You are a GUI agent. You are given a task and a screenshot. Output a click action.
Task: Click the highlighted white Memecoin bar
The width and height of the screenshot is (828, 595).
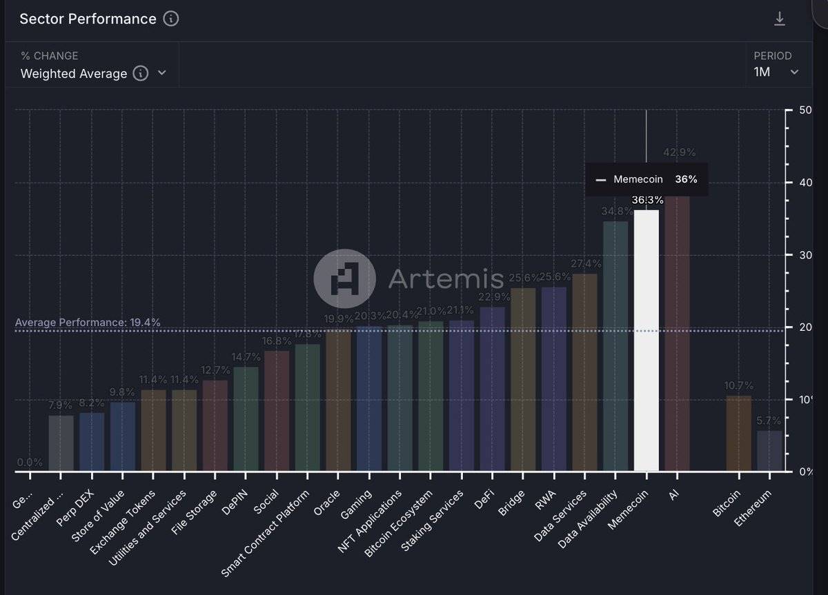point(647,341)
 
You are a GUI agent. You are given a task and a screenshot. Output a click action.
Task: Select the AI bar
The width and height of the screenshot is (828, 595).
point(677,334)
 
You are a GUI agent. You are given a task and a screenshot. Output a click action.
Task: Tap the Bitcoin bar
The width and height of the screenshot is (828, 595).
point(739,434)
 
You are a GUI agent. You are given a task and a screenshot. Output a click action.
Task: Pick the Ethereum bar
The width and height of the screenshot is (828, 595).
point(769,452)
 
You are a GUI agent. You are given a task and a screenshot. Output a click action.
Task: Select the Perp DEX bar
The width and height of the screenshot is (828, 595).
point(92,442)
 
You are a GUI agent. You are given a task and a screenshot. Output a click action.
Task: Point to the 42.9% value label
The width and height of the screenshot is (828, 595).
point(679,152)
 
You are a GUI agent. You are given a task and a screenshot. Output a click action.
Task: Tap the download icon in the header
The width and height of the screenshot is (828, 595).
point(780,19)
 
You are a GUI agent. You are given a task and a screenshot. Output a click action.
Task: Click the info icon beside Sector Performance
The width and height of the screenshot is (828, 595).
point(171,19)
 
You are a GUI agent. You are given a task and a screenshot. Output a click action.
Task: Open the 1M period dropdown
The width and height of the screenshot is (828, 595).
point(776,72)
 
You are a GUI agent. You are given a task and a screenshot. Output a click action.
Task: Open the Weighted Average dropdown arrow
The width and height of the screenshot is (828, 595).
point(162,73)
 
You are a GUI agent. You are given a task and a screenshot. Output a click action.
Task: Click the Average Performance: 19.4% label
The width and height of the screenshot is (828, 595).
point(88,322)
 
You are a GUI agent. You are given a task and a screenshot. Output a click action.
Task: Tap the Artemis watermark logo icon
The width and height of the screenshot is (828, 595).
point(344,279)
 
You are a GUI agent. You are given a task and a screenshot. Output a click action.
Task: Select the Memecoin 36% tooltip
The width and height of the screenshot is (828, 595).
point(647,179)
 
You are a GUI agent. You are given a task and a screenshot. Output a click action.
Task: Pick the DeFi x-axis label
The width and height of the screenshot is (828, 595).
point(484,499)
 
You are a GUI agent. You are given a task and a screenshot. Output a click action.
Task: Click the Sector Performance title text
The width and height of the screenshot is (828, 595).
point(88,19)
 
